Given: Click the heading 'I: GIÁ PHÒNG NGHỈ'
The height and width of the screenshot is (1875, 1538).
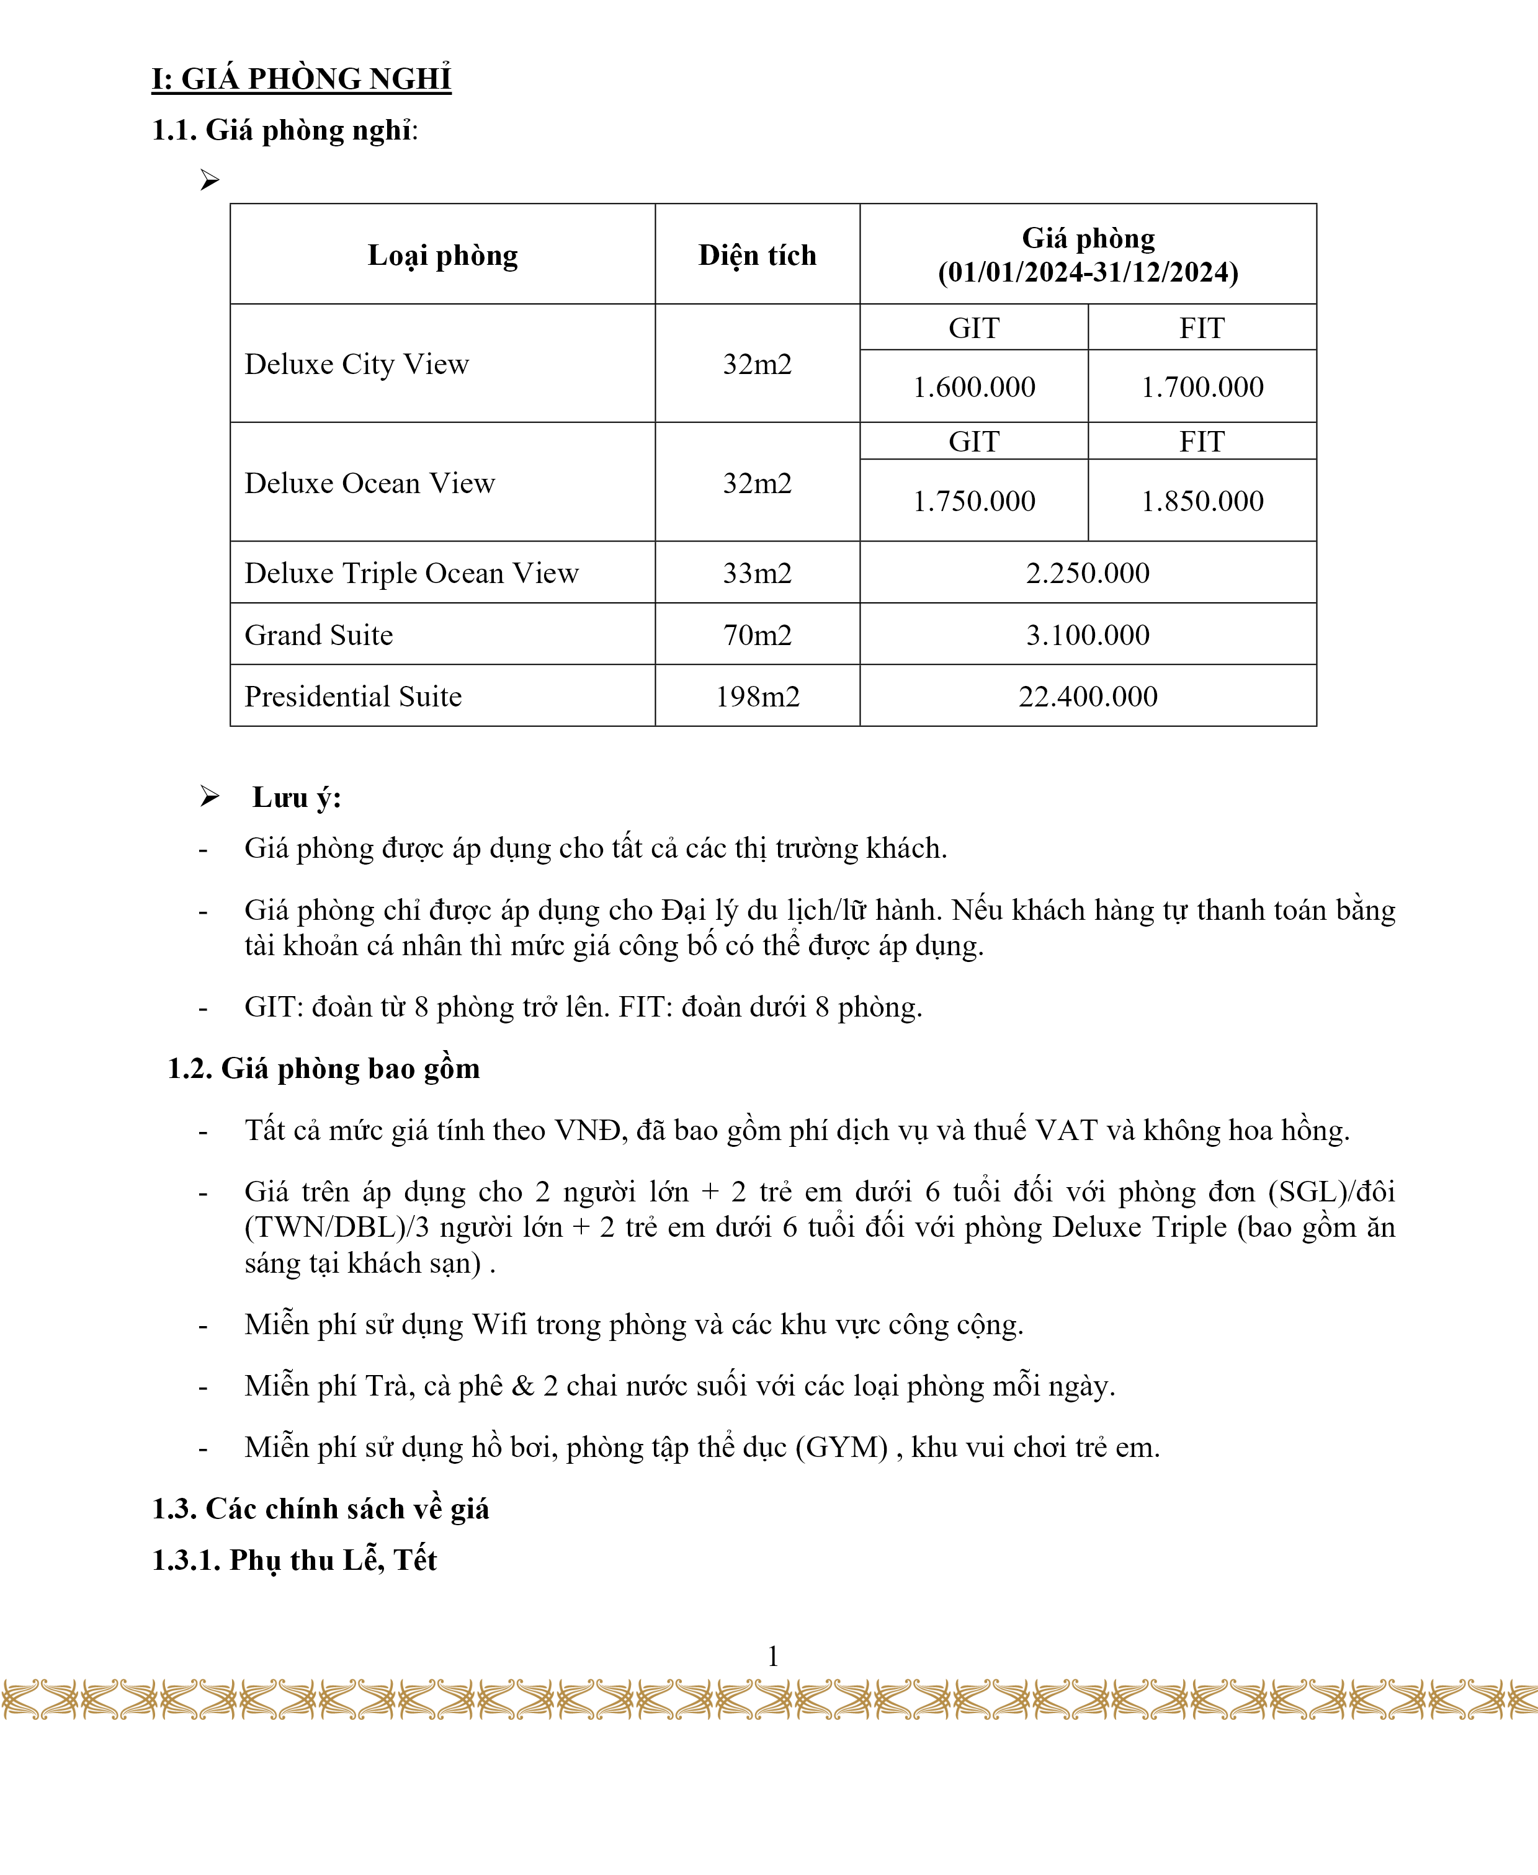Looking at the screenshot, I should pyautogui.click(x=302, y=79).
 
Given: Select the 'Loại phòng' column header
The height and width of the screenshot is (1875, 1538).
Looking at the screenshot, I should pyautogui.click(x=442, y=255).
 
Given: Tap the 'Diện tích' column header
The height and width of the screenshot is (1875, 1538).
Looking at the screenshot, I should pyautogui.click(x=757, y=255).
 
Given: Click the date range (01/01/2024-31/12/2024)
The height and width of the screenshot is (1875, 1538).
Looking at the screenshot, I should pyautogui.click(x=1088, y=272).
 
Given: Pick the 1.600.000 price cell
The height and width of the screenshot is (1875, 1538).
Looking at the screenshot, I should pyautogui.click(x=973, y=387).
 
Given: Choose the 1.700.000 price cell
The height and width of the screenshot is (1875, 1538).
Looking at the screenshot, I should pyautogui.click(x=1202, y=387).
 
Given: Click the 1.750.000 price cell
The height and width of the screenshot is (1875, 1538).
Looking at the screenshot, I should pyautogui.click(x=973, y=501).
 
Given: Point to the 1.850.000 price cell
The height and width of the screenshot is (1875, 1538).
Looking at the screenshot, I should pyautogui.click(x=1202, y=501).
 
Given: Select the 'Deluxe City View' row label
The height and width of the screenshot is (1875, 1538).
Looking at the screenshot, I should pyautogui.click(x=356, y=364).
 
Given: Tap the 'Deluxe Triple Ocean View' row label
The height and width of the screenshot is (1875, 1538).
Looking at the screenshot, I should pyautogui.click(x=411, y=573).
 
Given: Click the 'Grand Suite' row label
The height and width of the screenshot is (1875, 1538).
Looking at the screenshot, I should pyautogui.click(x=319, y=635).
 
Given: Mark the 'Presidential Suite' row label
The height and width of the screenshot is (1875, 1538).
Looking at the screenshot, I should pyautogui.click(x=352, y=696).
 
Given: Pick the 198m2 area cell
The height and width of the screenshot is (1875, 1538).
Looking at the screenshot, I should pyautogui.click(x=758, y=696).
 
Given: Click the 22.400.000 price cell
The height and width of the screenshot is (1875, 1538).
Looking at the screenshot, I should pyautogui.click(x=1088, y=696).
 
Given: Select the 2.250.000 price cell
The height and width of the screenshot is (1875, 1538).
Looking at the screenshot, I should pyautogui.click(x=1088, y=573).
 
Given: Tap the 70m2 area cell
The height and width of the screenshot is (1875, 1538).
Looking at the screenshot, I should pyautogui.click(x=758, y=635).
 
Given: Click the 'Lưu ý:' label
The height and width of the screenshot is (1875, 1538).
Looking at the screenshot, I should pyautogui.click(x=297, y=797).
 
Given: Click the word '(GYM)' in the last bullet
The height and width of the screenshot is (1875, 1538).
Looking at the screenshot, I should pyautogui.click(x=842, y=1447).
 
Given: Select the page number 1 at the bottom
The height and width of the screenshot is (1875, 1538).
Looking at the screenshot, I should pyautogui.click(x=772, y=1655).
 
